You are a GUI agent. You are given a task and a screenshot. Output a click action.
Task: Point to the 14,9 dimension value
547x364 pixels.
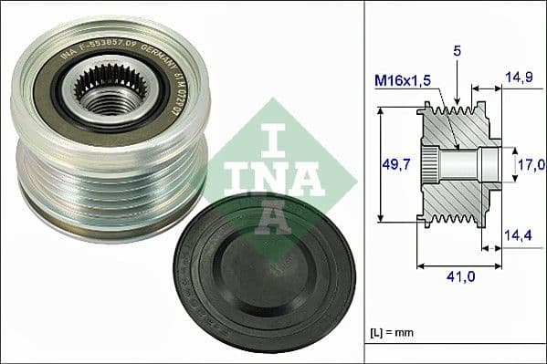click(518, 78)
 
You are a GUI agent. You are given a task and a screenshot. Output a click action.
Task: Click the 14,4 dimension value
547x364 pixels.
click(518, 235)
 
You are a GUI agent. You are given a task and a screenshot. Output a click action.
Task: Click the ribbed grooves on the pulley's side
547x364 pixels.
click(110, 182)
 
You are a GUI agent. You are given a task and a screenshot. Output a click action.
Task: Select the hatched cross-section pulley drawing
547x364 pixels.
click(457, 164)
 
